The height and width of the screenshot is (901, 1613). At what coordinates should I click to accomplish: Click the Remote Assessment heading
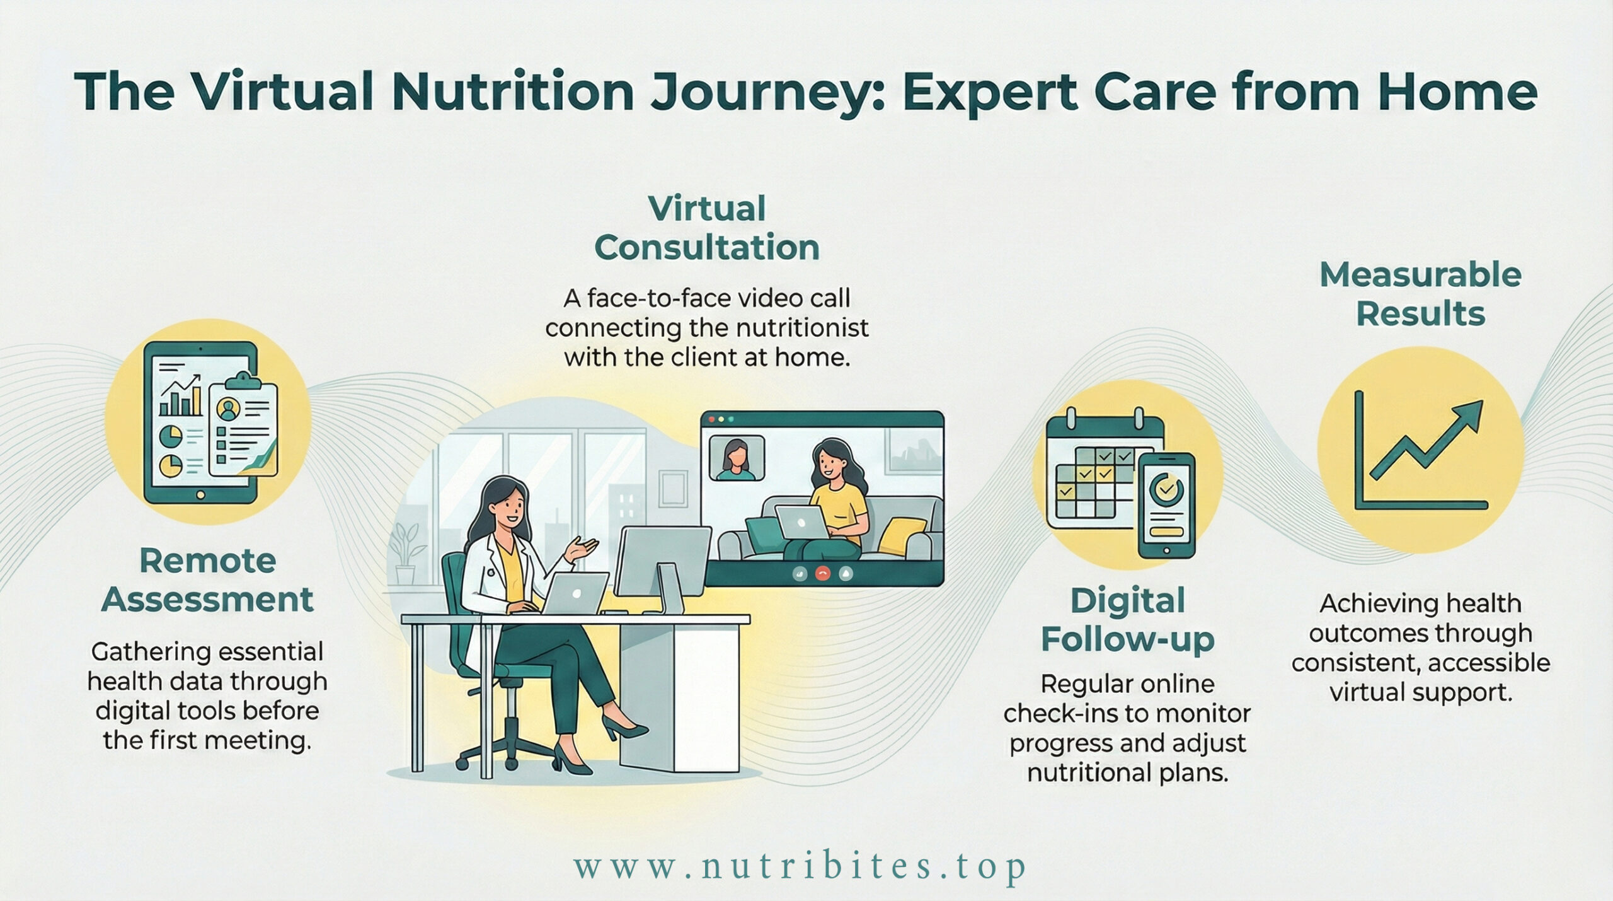pyautogui.click(x=207, y=580)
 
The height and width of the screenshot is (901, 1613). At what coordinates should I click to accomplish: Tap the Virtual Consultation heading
pyautogui.click(x=706, y=228)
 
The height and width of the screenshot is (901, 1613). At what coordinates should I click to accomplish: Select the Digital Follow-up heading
pyautogui.click(x=1127, y=620)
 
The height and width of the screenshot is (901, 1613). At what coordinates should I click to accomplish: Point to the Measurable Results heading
pyautogui.click(x=1420, y=294)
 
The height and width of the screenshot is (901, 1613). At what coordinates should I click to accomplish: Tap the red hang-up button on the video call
pyautogui.click(x=822, y=573)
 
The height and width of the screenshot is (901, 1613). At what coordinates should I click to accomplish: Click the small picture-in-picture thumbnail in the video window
pyautogui.click(x=737, y=458)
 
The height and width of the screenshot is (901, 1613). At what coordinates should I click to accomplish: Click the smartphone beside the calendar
pyautogui.click(x=1166, y=505)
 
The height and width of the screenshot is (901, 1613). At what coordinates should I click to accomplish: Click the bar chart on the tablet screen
pyautogui.click(x=180, y=395)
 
